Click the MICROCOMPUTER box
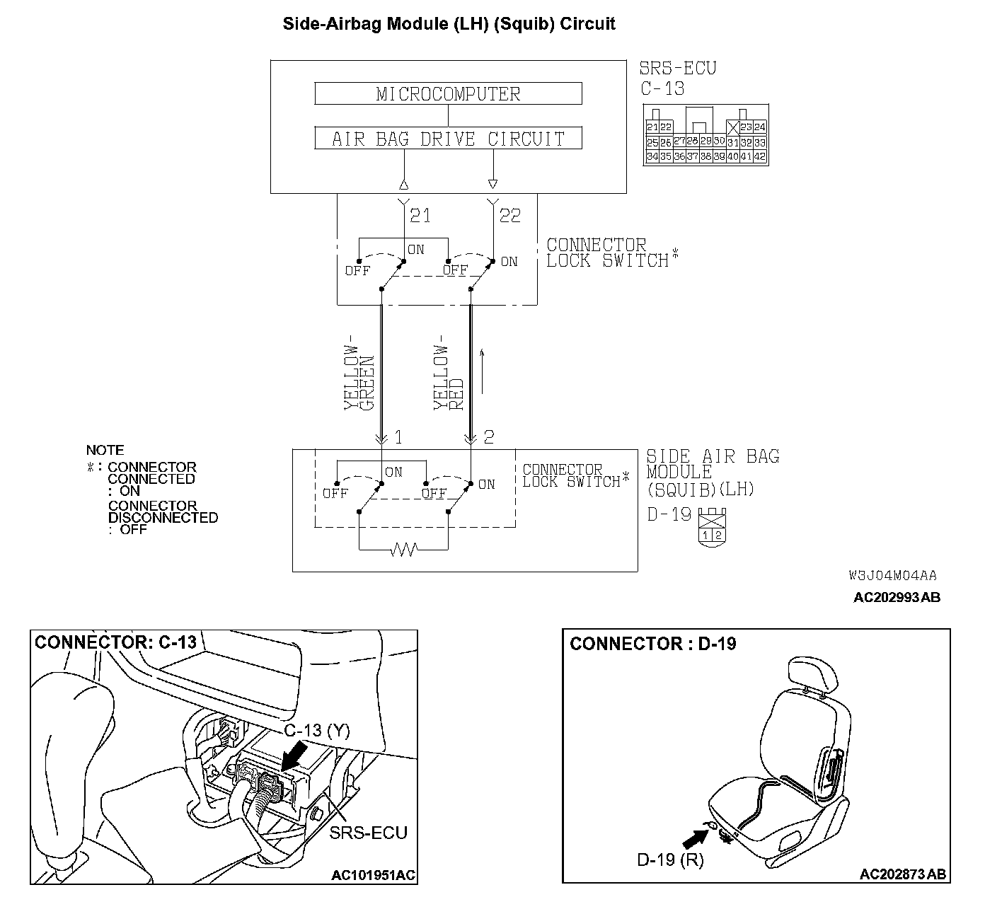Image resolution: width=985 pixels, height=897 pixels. pyautogui.click(x=448, y=93)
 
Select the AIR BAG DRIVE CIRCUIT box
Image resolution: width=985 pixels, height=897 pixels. pyautogui.click(x=448, y=138)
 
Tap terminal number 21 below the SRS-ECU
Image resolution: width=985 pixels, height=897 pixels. pyautogui.click(x=420, y=215)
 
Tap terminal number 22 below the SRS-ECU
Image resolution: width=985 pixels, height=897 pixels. pyautogui.click(x=509, y=215)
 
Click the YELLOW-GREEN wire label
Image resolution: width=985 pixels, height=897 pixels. pyautogui.click(x=358, y=377)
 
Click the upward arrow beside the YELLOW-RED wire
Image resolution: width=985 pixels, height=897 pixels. pyautogui.click(x=483, y=371)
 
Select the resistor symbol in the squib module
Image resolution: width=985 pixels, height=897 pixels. pyautogui.click(x=404, y=549)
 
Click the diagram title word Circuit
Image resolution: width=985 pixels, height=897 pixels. pyautogui.click(x=587, y=24)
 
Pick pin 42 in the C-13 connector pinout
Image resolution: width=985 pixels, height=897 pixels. pyautogui.click(x=759, y=157)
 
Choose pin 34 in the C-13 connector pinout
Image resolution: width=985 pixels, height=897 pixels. pyautogui.click(x=652, y=157)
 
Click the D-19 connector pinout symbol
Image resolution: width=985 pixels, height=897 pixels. pyautogui.click(x=712, y=525)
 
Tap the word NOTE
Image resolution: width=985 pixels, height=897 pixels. pyautogui.click(x=105, y=450)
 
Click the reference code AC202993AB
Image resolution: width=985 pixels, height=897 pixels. pyautogui.click(x=897, y=597)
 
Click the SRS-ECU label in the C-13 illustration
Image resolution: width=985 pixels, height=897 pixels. pyautogui.click(x=368, y=833)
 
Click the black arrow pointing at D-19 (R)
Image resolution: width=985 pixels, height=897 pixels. pyautogui.click(x=695, y=839)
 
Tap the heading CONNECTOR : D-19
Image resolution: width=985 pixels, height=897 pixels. pyautogui.click(x=652, y=644)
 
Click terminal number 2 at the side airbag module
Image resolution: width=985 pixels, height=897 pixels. pyautogui.click(x=488, y=437)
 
